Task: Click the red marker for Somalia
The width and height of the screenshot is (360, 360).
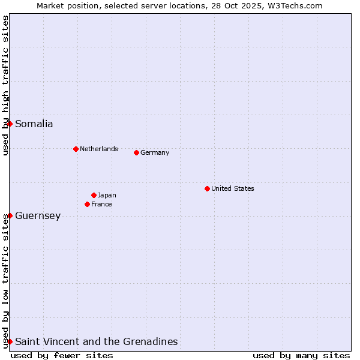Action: (x=10, y=124)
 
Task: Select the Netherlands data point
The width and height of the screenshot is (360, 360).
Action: (x=76, y=149)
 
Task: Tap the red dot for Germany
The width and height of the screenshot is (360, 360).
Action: (x=136, y=152)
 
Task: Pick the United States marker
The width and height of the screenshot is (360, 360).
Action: (x=207, y=188)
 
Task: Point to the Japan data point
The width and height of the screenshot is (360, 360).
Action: (x=94, y=195)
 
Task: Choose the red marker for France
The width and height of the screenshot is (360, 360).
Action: (x=87, y=204)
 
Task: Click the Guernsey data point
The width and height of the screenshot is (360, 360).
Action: (x=10, y=215)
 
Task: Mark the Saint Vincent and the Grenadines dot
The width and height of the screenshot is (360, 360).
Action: (x=10, y=341)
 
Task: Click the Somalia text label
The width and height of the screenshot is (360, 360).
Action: (x=34, y=124)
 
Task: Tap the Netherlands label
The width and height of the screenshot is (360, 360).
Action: (x=99, y=149)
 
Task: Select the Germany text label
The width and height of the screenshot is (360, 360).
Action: (x=155, y=152)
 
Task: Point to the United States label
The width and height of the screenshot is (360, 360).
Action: (x=233, y=188)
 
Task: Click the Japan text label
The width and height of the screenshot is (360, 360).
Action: (x=107, y=195)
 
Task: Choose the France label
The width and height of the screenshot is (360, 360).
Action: (x=101, y=204)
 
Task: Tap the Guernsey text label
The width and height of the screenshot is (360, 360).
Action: (x=38, y=216)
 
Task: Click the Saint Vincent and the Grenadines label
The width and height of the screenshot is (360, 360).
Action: (x=97, y=342)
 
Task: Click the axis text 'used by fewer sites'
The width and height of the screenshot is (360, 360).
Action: (x=62, y=355)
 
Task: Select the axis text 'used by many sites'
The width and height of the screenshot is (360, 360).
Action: (x=301, y=355)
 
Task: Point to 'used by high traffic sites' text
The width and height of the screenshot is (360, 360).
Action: (x=5, y=85)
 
